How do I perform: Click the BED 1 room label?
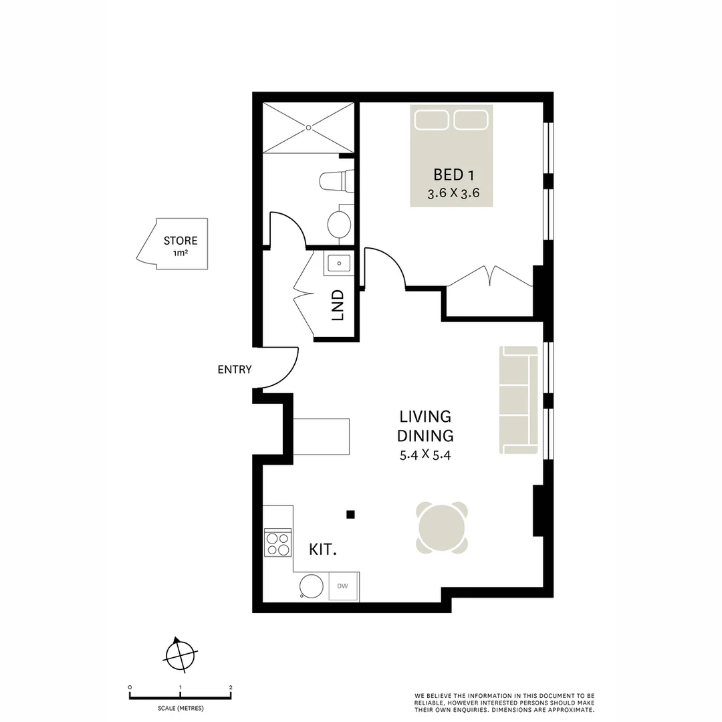point(454,175)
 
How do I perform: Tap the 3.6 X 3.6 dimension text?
point(454,195)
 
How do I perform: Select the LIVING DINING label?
point(425,426)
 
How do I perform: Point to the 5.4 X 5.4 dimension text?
point(425,456)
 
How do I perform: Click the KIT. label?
point(322,550)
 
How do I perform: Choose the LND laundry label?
point(338,304)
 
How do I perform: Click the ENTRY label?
point(234,369)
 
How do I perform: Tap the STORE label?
point(180,241)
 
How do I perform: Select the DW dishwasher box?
point(343,586)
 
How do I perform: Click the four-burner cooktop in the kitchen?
point(278,542)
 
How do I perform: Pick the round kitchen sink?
point(312,586)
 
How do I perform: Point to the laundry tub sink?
point(339,263)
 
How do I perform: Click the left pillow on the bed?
point(431,120)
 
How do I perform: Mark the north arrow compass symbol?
point(180,654)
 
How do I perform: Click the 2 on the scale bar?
point(231,687)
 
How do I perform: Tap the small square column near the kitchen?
point(350,514)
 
